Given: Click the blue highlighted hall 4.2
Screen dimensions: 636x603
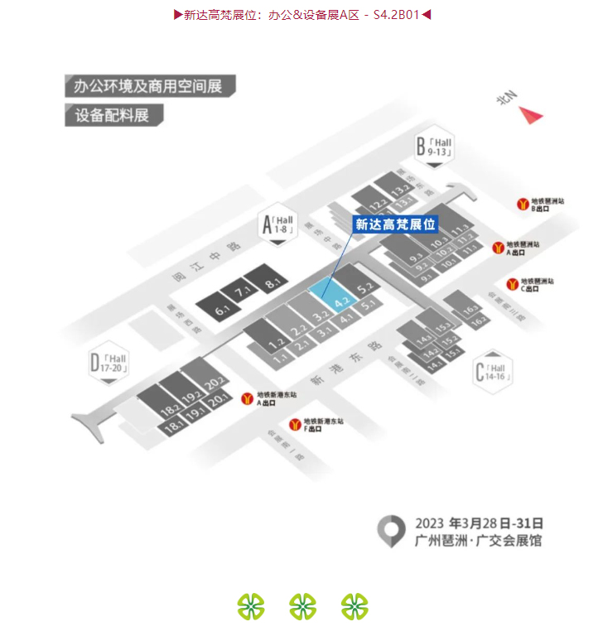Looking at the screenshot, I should (332, 296).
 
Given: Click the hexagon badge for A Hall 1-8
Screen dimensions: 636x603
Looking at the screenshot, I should (277, 223).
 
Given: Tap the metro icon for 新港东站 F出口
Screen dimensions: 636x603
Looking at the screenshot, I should (295, 425).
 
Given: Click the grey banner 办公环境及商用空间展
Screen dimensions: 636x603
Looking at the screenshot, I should (149, 86).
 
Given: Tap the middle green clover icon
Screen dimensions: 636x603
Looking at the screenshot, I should (302, 606).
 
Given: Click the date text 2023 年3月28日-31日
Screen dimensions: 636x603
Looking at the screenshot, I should (478, 523).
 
